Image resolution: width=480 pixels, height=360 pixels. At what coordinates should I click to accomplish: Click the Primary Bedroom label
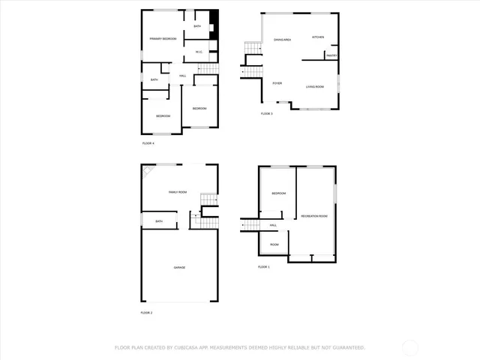pyautogui.click(x=162, y=39)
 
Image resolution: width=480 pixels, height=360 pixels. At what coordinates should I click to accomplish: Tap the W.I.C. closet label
pyautogui.click(x=199, y=52)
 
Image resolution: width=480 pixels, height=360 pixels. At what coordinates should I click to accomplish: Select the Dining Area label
pyautogui.click(x=282, y=40)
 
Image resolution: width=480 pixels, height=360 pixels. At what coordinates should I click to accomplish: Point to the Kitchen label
pyautogui.click(x=318, y=37)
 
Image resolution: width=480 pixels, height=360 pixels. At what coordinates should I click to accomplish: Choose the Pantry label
pyautogui.click(x=331, y=55)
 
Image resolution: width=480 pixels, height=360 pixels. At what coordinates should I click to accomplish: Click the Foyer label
pyautogui.click(x=277, y=83)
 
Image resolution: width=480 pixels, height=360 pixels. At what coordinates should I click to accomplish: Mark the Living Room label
pyautogui.click(x=315, y=87)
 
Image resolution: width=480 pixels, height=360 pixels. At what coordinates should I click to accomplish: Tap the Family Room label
pyautogui.click(x=178, y=193)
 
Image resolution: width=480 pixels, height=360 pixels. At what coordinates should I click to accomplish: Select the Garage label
pyautogui.click(x=179, y=267)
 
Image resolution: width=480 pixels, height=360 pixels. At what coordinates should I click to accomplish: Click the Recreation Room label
pyautogui.click(x=314, y=216)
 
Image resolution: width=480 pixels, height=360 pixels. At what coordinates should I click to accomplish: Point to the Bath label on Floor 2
pyautogui.click(x=159, y=221)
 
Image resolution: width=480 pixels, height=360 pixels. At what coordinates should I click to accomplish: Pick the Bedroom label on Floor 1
pyautogui.click(x=278, y=193)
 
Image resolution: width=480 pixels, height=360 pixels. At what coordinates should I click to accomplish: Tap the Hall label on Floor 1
pyautogui.click(x=273, y=225)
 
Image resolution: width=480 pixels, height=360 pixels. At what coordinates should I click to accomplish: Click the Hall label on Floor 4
pyautogui.click(x=182, y=76)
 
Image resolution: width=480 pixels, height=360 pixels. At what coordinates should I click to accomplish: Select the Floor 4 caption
pyautogui.click(x=148, y=143)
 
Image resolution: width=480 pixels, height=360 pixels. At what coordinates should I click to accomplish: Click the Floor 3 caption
pyautogui.click(x=266, y=114)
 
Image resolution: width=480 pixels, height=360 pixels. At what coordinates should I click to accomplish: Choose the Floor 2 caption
pyautogui.click(x=146, y=312)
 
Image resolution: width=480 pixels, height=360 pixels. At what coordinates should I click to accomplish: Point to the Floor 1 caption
pyautogui.click(x=263, y=267)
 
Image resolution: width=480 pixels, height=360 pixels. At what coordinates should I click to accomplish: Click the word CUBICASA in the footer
pyautogui.click(x=186, y=348)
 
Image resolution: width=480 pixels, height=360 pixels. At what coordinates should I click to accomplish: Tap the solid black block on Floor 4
pyautogui.click(x=214, y=16)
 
